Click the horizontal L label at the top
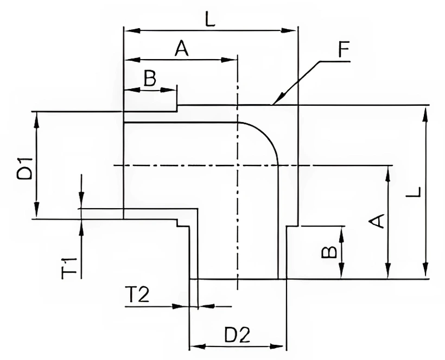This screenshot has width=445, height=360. click(x=211, y=19)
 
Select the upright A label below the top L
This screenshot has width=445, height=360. click(x=182, y=48)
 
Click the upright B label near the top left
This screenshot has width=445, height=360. click(x=150, y=78)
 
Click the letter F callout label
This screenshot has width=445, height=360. click(x=344, y=49)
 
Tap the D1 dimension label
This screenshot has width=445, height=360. click(x=24, y=169)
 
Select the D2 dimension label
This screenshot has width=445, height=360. click(x=237, y=335)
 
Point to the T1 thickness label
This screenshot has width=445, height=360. click(x=69, y=268)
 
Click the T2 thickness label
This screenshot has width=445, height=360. click(x=138, y=295)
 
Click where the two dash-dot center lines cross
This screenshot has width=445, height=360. click(x=238, y=165)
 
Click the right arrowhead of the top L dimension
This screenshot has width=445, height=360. click(x=289, y=30)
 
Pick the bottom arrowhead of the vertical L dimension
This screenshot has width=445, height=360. click(x=425, y=270)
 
